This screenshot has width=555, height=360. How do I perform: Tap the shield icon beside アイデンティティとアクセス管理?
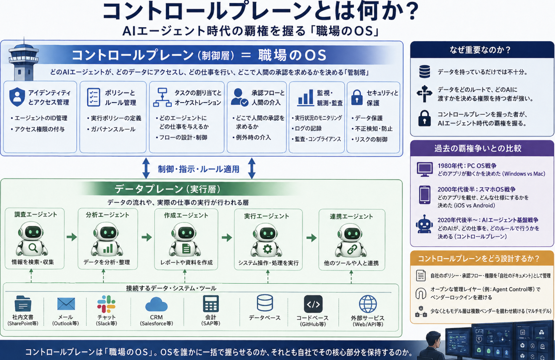point(17,97)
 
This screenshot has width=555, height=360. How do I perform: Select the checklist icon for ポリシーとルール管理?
point(93,97)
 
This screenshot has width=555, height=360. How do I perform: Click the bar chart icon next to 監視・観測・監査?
point(305,97)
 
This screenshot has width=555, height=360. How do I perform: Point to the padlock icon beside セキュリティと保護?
point(357,97)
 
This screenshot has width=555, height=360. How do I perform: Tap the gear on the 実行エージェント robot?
point(267,249)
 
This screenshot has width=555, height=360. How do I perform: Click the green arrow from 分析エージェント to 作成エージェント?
point(147,237)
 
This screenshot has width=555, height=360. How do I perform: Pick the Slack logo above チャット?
point(106,304)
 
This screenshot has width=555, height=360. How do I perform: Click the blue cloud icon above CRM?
point(156,304)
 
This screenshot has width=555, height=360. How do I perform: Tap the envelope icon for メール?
point(66,304)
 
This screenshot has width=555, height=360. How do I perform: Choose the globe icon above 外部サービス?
point(368,304)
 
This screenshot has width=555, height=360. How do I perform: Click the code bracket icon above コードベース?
point(313,304)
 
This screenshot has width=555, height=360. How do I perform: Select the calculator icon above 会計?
point(211,304)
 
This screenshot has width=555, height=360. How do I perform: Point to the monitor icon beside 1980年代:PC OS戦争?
point(425,169)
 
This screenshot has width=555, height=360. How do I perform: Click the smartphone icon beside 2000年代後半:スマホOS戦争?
point(425,195)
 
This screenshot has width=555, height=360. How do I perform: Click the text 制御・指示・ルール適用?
point(199,169)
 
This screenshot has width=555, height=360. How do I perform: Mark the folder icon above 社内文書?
point(23,304)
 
